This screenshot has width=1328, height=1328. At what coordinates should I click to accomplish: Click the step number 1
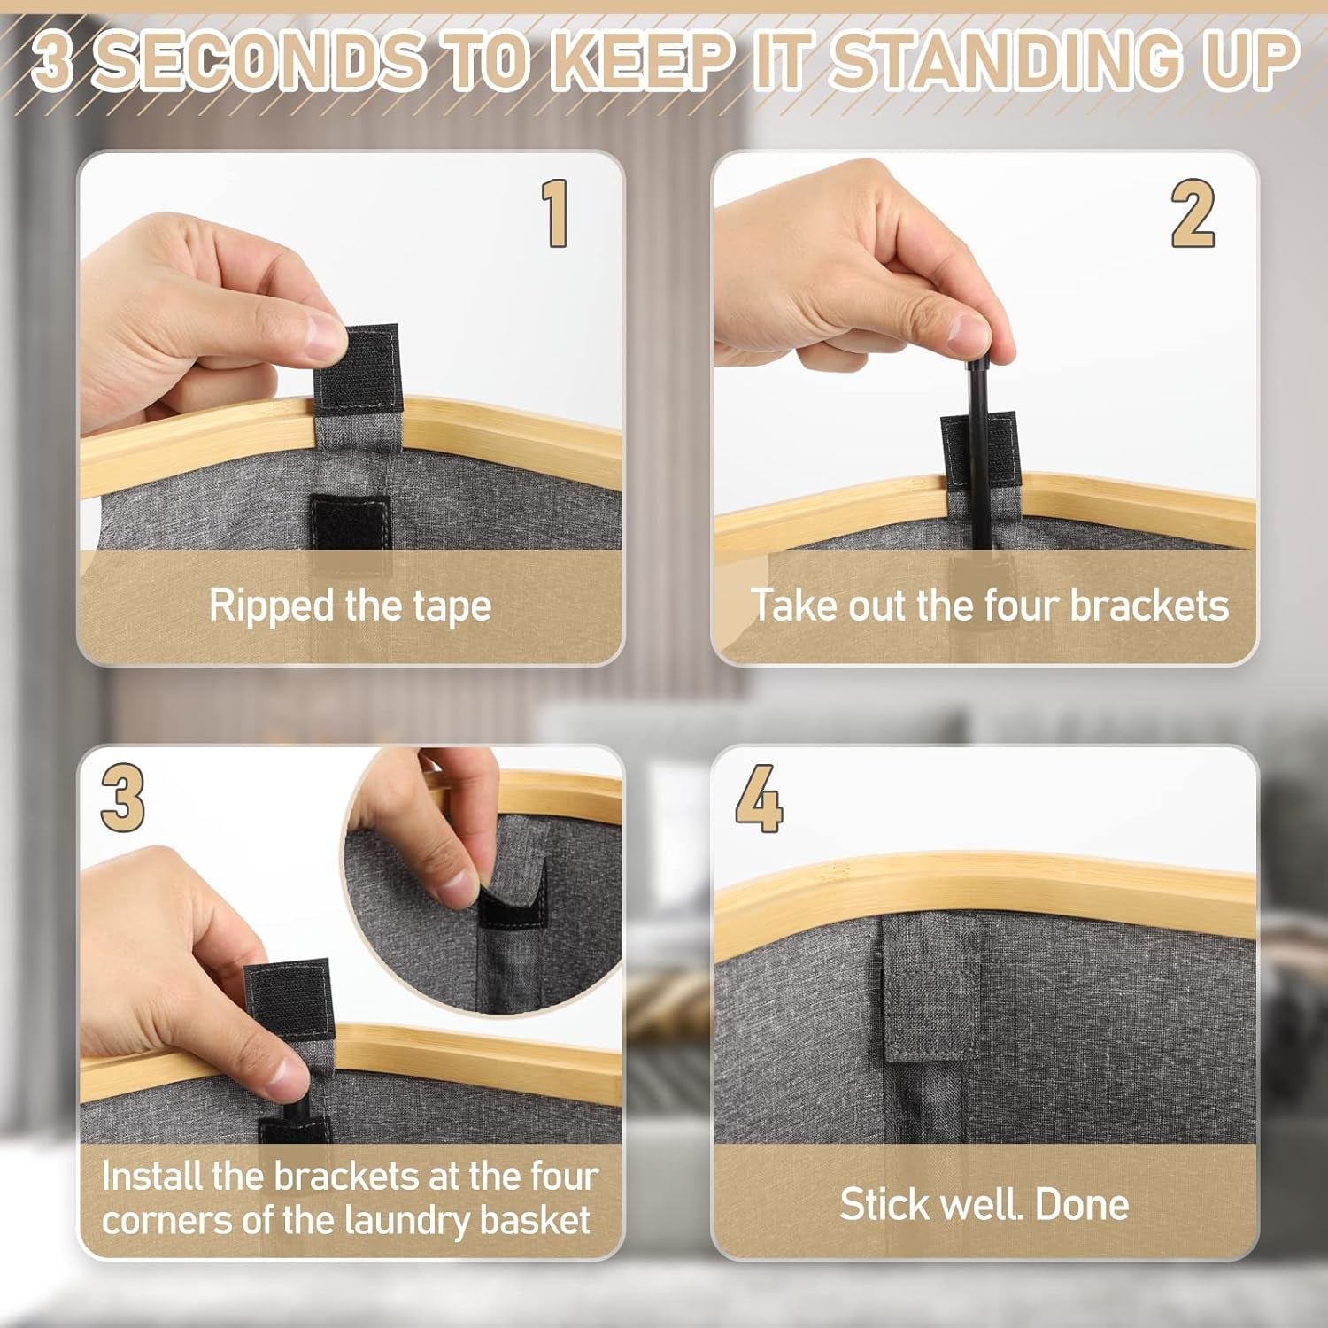[x=555, y=212]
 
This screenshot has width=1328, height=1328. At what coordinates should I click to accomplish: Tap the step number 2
[x=1193, y=212]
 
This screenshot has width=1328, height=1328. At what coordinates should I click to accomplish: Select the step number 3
[x=122, y=798]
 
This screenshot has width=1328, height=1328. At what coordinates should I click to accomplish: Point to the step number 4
[x=759, y=798]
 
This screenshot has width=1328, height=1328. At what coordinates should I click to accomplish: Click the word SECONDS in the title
[x=257, y=60]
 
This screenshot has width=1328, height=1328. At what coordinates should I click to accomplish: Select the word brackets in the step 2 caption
[x=1148, y=606]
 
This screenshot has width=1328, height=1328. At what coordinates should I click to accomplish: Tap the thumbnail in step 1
[x=320, y=337]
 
